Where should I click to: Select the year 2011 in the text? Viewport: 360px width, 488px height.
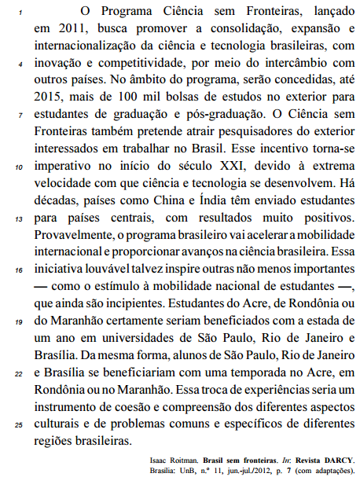64,30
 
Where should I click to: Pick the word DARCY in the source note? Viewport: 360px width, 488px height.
339,460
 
